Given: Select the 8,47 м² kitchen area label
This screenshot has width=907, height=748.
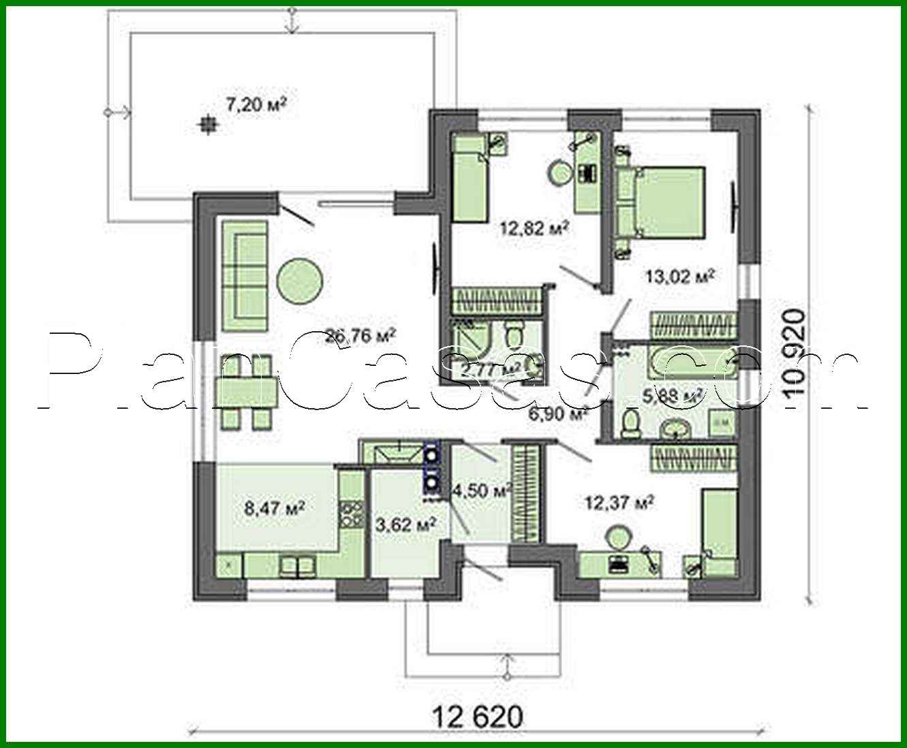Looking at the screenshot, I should pyautogui.click(x=274, y=508).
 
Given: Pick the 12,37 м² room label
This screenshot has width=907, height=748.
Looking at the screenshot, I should pyautogui.click(x=619, y=503).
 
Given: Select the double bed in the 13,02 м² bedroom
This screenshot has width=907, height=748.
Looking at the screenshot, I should pyautogui.click(x=664, y=202).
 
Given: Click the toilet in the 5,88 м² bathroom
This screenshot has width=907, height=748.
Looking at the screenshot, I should pyautogui.click(x=631, y=423).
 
